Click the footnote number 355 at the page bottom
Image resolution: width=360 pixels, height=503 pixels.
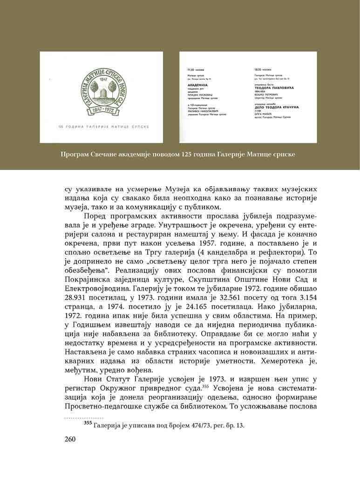(x=88, y=424)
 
